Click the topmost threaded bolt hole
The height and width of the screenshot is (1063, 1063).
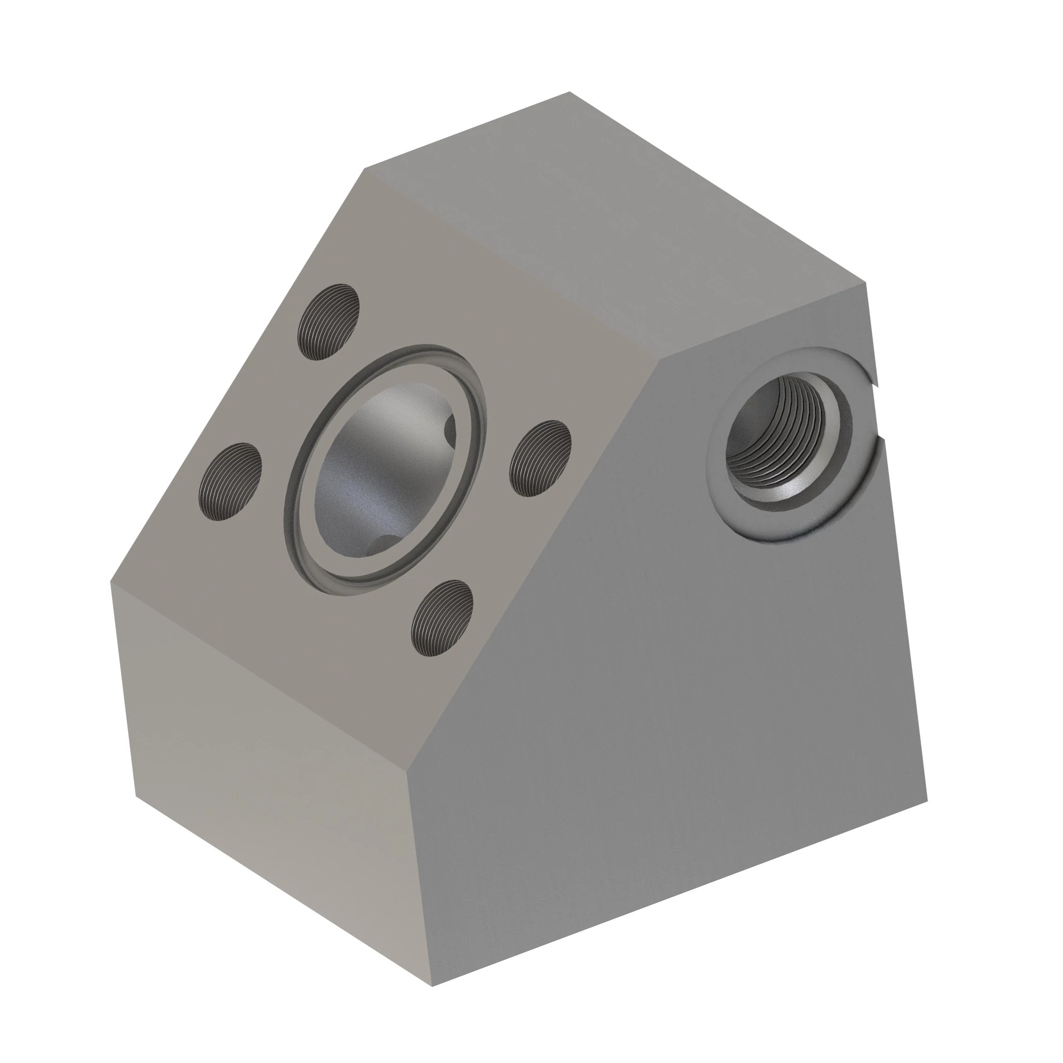coord(328,322)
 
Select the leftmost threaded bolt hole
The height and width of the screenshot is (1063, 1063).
coord(230,482)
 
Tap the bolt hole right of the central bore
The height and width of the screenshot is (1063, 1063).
coord(541,458)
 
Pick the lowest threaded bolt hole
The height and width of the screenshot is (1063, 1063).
coord(442,619)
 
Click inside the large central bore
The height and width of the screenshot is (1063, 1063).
coord(379,468)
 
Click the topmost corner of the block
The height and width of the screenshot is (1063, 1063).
coord(569,92)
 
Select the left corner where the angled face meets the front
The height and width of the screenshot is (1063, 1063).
coord(112,582)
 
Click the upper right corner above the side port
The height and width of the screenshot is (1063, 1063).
coord(866,283)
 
